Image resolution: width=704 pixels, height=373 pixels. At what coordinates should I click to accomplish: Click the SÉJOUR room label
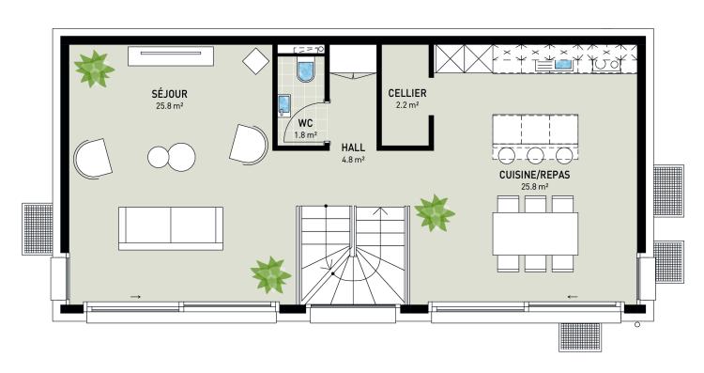(169, 94)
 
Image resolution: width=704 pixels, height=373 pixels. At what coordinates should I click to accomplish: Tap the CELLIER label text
(407, 93)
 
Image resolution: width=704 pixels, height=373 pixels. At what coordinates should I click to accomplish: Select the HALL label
(353, 148)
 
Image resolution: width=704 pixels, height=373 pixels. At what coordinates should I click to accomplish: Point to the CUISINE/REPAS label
(534, 175)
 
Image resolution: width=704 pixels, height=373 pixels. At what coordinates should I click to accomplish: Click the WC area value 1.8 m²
(306, 134)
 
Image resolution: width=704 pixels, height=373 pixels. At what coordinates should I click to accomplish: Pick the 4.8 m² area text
(353, 159)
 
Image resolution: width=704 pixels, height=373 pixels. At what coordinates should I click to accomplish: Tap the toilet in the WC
(305, 70)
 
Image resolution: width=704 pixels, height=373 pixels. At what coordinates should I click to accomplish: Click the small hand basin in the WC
(284, 105)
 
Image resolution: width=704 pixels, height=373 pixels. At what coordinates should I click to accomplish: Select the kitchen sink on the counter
(563, 64)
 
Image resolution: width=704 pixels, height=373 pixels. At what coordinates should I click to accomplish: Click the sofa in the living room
(171, 228)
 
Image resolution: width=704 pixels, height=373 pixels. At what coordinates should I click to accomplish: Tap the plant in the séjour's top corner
(94, 69)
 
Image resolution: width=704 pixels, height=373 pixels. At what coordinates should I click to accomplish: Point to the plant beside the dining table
(435, 212)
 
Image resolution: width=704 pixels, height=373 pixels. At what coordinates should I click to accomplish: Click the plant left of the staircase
(270, 274)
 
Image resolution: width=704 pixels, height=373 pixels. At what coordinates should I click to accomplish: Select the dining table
(535, 234)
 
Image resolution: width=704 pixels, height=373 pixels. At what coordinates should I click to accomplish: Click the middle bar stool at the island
(535, 155)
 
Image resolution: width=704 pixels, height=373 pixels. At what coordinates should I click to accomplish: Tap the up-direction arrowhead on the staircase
(381, 210)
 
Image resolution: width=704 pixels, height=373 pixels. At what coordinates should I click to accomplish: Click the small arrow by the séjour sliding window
(135, 297)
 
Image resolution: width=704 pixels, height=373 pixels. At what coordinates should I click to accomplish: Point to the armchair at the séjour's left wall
(93, 158)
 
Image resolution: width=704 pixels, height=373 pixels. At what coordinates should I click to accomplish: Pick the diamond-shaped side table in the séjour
(256, 61)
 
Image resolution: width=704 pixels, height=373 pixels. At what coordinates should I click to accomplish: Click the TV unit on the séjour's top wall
(171, 56)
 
